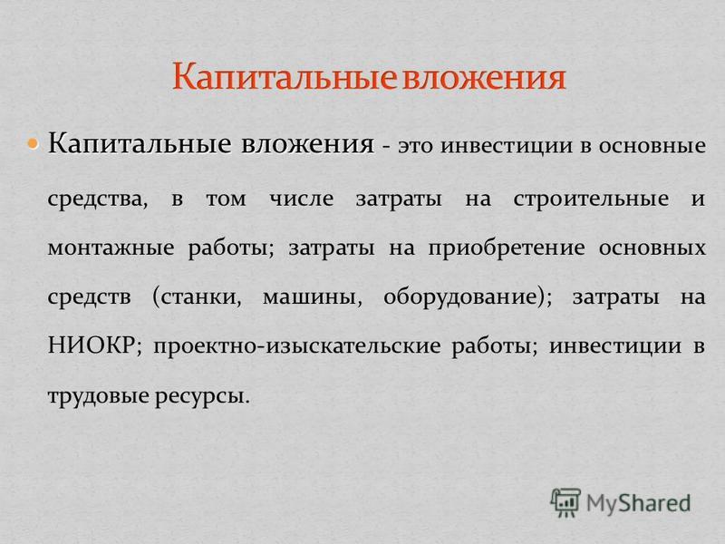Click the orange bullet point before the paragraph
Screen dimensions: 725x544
point(33,144)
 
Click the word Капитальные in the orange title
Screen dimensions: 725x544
point(285,76)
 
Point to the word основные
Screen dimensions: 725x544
point(652,145)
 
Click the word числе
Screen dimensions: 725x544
point(302,199)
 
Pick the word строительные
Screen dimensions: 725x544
point(591,199)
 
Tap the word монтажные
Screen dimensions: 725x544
point(111,248)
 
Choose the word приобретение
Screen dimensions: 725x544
point(507,248)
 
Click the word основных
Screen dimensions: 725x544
point(652,248)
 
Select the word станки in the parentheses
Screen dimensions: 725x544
point(199,297)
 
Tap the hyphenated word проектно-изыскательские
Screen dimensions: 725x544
point(297,346)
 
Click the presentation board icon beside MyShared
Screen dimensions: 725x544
point(565,502)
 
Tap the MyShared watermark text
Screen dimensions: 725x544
point(639,503)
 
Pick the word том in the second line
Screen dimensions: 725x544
point(226,199)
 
